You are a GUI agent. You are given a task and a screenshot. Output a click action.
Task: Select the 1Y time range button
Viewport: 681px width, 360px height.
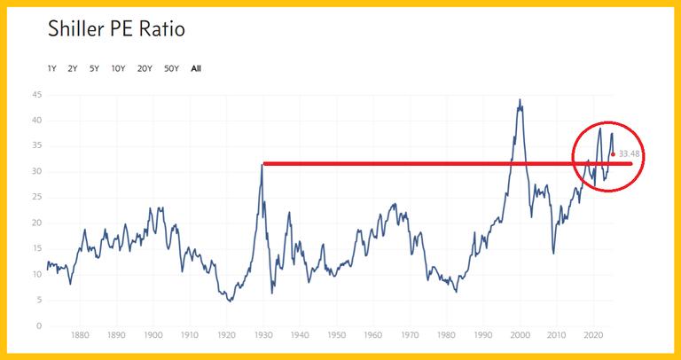(x=52, y=68)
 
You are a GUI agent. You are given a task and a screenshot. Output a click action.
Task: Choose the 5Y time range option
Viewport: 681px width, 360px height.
(x=94, y=68)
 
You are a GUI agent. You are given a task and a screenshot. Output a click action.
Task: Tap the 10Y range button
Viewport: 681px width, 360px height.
(x=118, y=68)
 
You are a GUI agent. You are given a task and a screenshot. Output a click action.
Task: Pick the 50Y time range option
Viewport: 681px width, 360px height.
(x=171, y=68)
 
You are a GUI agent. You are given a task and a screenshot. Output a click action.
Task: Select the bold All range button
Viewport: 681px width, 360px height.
(x=196, y=68)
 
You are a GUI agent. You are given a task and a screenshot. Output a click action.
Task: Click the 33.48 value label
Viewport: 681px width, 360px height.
(x=629, y=154)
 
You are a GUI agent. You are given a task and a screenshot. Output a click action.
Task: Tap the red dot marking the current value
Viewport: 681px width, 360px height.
(x=613, y=154)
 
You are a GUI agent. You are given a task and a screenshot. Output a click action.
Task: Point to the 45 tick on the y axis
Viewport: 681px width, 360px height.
(x=36, y=95)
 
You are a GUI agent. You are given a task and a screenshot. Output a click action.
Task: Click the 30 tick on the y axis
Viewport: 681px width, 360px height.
(x=36, y=172)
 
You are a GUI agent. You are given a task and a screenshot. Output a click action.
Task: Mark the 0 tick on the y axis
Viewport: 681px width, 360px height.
(x=39, y=326)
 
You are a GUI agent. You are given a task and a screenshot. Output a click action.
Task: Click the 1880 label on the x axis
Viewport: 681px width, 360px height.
(x=80, y=337)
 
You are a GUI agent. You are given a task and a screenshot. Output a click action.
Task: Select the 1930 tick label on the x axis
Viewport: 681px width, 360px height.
(x=263, y=337)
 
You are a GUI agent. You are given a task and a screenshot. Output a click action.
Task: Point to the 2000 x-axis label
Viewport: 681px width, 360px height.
(x=520, y=337)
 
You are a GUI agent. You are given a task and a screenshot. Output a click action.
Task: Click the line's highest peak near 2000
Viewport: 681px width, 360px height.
(x=520, y=99)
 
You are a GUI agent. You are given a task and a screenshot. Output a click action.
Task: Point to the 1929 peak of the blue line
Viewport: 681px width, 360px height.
(x=262, y=163)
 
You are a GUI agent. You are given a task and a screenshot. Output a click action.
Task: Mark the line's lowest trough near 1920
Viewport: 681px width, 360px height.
(x=231, y=301)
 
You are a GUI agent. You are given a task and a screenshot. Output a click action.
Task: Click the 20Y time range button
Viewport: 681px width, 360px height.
(x=144, y=68)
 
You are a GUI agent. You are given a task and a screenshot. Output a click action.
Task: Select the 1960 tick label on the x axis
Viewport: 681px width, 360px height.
(x=373, y=337)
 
